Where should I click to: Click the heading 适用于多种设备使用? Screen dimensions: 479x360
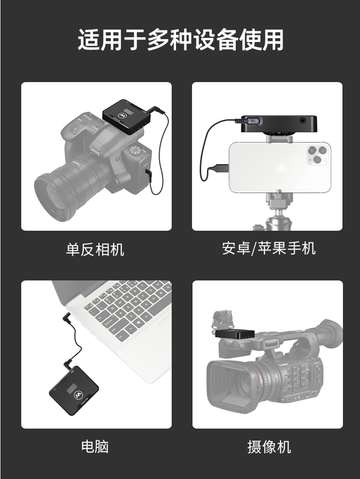click(180, 40)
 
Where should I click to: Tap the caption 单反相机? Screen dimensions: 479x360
click(95, 249)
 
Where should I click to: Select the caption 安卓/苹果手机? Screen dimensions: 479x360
click(268, 248)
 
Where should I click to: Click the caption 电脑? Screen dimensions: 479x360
click(95, 446)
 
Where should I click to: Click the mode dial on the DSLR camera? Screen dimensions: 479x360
click(134, 150)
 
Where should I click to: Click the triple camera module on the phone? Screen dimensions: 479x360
click(318, 154)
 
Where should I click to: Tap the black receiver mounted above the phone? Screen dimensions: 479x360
click(279, 123)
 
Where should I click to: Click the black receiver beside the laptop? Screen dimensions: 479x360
click(73, 390)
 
